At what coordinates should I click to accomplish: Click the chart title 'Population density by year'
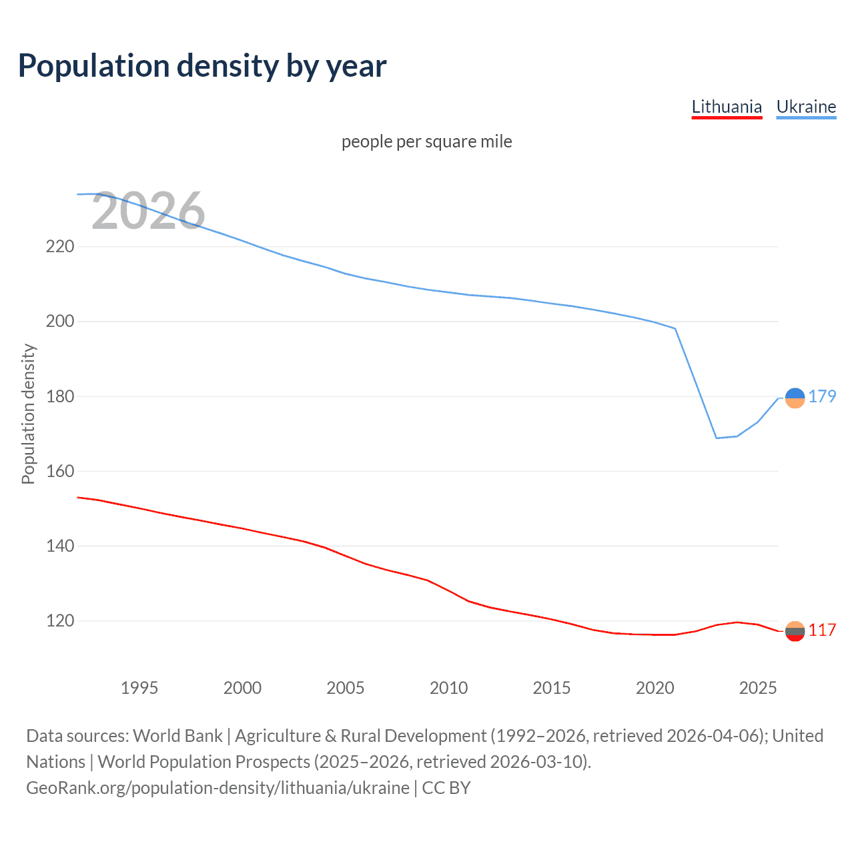(x=202, y=66)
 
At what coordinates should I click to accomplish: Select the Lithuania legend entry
(x=727, y=107)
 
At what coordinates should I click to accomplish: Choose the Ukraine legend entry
(x=806, y=107)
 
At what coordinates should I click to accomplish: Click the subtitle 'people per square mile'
(x=426, y=141)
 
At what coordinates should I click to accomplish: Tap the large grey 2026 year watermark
(x=148, y=211)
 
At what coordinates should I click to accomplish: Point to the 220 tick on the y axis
(x=60, y=247)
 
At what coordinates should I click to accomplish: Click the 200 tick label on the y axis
(x=60, y=322)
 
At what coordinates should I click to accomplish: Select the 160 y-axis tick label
(x=60, y=471)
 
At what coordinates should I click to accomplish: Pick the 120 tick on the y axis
(x=60, y=621)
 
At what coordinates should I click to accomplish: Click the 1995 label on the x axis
(x=139, y=688)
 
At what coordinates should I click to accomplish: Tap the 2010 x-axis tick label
(x=448, y=688)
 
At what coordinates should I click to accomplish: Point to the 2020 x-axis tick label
(x=655, y=688)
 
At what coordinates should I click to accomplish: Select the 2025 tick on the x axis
(x=758, y=688)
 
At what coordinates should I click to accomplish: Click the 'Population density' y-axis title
(x=28, y=414)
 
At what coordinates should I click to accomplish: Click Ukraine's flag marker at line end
(x=795, y=398)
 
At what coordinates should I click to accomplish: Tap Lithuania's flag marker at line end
(x=795, y=631)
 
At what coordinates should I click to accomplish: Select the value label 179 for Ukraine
(x=822, y=396)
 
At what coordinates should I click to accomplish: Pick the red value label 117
(x=822, y=630)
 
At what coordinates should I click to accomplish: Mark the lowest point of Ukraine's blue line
(x=717, y=438)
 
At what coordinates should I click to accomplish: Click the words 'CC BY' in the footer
(x=446, y=788)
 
